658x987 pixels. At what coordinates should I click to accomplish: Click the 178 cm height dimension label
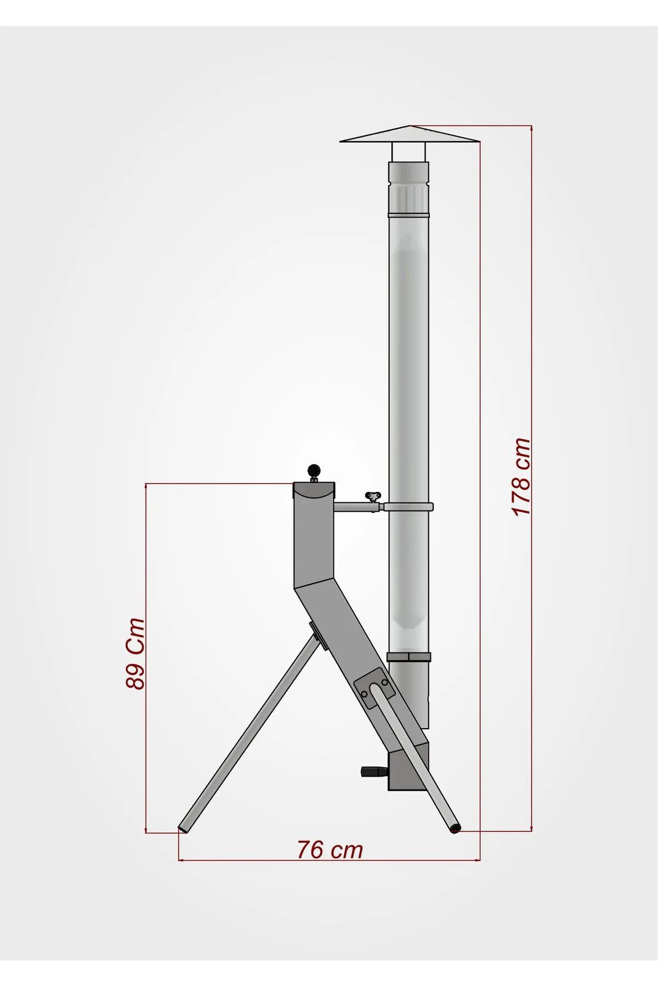pos(521,477)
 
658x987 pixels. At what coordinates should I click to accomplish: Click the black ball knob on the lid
pos(314,470)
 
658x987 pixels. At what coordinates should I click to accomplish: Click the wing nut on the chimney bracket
pos(373,496)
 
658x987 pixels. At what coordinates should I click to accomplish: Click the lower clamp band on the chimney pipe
pos(409,657)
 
